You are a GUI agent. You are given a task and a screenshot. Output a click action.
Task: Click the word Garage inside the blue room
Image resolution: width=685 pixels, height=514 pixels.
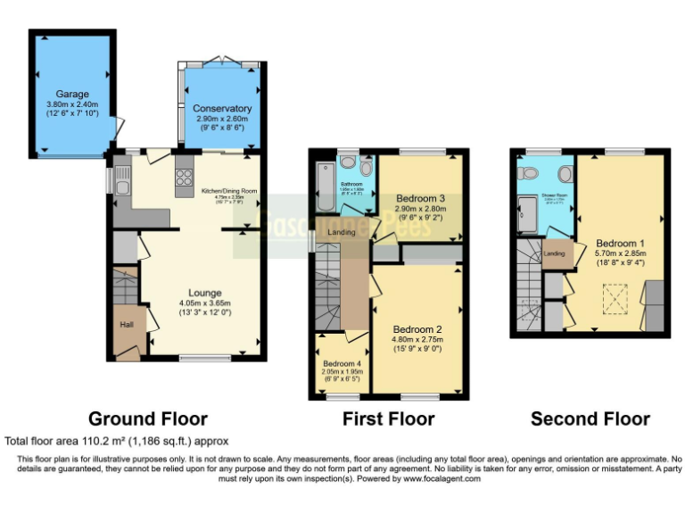pyautogui.click(x=73, y=94)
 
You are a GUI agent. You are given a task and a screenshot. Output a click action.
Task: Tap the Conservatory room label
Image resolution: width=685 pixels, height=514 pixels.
pyautogui.click(x=222, y=109)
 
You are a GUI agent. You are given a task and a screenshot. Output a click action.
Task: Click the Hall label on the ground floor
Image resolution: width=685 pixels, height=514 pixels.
pyautogui.click(x=128, y=324)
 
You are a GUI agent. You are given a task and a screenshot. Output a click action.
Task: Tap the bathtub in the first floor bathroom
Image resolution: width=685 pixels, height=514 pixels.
pyautogui.click(x=323, y=191)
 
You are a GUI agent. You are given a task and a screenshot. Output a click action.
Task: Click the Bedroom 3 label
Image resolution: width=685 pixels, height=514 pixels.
pyautogui.click(x=421, y=197)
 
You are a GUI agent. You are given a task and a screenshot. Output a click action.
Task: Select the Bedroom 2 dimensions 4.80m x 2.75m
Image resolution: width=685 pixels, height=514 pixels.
pyautogui.click(x=417, y=339)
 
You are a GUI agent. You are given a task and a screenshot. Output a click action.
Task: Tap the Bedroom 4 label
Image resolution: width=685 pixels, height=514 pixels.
pyautogui.click(x=341, y=363)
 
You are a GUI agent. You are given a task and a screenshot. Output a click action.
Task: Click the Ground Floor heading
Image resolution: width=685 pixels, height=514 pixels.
pyautogui.click(x=147, y=419)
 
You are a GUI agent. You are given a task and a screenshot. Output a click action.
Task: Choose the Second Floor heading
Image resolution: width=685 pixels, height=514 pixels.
pyautogui.click(x=590, y=419)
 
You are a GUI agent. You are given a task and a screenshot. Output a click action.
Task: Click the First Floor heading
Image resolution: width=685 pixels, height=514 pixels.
pyautogui.click(x=389, y=419)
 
